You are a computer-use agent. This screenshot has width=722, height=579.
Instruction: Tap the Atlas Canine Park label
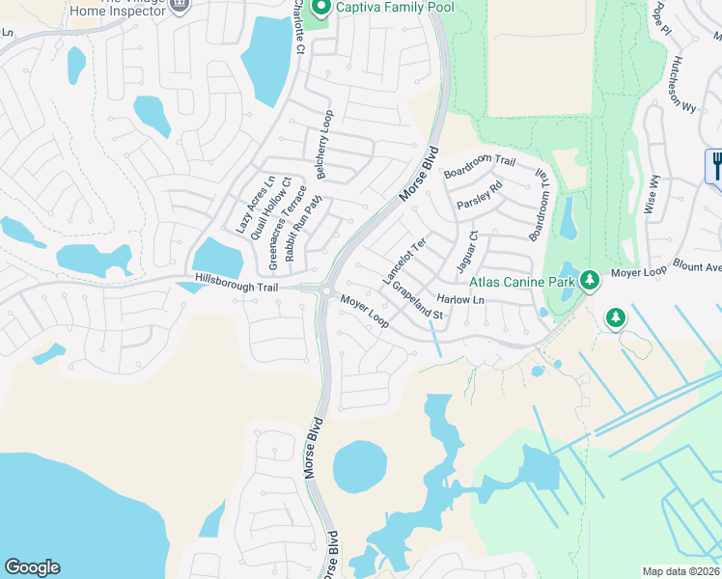pos(522,282)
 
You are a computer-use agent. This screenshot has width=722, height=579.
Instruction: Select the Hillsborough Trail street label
pos(236,287)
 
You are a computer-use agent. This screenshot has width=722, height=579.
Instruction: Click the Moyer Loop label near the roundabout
pos(365,311)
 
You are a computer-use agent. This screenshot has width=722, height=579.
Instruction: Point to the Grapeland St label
pos(417,301)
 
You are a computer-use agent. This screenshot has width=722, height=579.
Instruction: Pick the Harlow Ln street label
pos(458,299)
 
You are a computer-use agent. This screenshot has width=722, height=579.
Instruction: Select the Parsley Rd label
pos(480,197)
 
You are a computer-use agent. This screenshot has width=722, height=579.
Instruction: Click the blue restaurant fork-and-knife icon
pos(716,165)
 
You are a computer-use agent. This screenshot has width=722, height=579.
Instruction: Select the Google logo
pos(32,567)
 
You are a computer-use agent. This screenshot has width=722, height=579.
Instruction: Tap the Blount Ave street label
pos(698,267)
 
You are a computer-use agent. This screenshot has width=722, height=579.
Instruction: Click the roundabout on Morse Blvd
pos(326,290)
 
